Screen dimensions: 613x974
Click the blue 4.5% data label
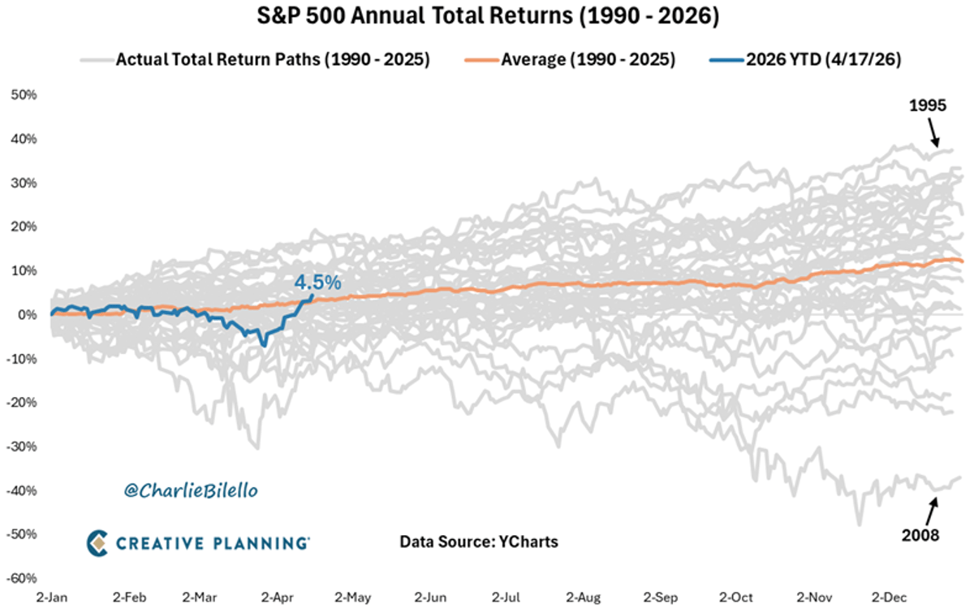point(317,283)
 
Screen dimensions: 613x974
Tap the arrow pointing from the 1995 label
point(933,132)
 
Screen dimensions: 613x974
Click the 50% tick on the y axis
point(23,95)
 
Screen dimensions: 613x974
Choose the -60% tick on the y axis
point(21,578)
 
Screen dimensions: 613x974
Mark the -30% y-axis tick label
point(21,447)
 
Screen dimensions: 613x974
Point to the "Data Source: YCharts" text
point(479,542)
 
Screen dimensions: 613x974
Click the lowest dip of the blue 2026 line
point(264,345)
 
